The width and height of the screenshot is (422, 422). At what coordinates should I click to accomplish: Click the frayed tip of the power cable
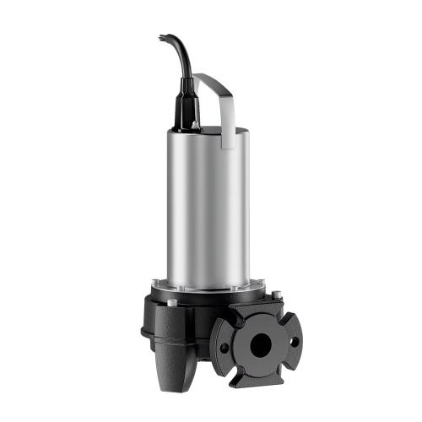tap(161, 36)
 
